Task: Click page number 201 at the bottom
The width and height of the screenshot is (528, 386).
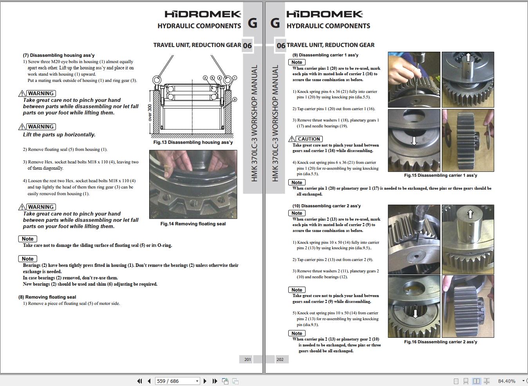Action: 248,359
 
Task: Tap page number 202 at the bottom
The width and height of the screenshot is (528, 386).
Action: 280,359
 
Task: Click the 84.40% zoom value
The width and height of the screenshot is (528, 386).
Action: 506,381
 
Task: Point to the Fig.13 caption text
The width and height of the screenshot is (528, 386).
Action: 193,142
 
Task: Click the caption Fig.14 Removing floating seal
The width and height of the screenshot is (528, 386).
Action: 193,224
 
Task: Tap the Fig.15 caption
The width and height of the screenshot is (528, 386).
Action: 441,175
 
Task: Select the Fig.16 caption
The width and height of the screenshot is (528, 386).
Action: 441,342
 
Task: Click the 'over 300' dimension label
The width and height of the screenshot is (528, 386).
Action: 149,112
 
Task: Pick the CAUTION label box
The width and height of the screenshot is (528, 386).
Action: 309,139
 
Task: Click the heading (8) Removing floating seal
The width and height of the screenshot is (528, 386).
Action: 47,297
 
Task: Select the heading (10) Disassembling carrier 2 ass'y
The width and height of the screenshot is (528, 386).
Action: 326,206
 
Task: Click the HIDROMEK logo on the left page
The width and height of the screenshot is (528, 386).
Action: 203,14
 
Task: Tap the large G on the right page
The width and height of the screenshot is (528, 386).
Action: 275,23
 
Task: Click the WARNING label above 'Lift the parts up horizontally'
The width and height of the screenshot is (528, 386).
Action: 41,127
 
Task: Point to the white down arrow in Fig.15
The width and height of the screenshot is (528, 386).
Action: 414,140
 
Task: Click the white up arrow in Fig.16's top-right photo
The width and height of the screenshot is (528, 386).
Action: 470,214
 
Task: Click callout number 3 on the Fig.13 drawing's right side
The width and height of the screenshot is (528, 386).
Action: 235,100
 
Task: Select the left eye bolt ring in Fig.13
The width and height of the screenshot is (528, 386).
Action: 157,80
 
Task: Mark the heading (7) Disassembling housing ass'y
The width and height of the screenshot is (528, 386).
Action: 59,55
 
